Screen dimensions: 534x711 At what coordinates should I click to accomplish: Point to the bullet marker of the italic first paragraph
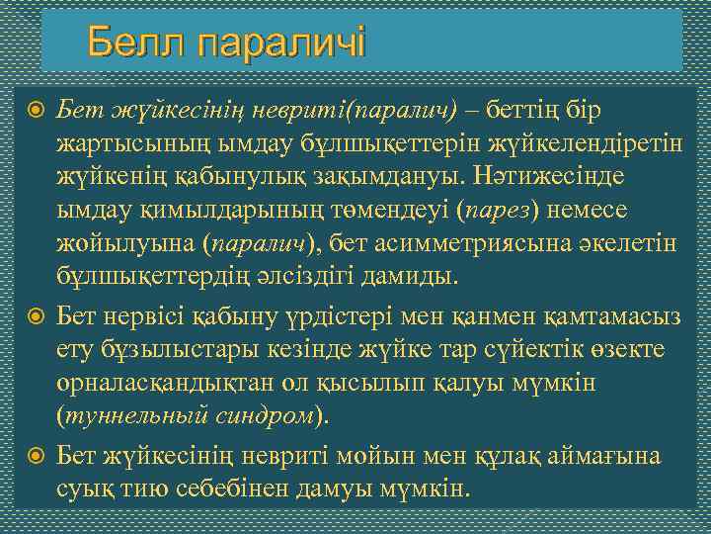click(x=36, y=106)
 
